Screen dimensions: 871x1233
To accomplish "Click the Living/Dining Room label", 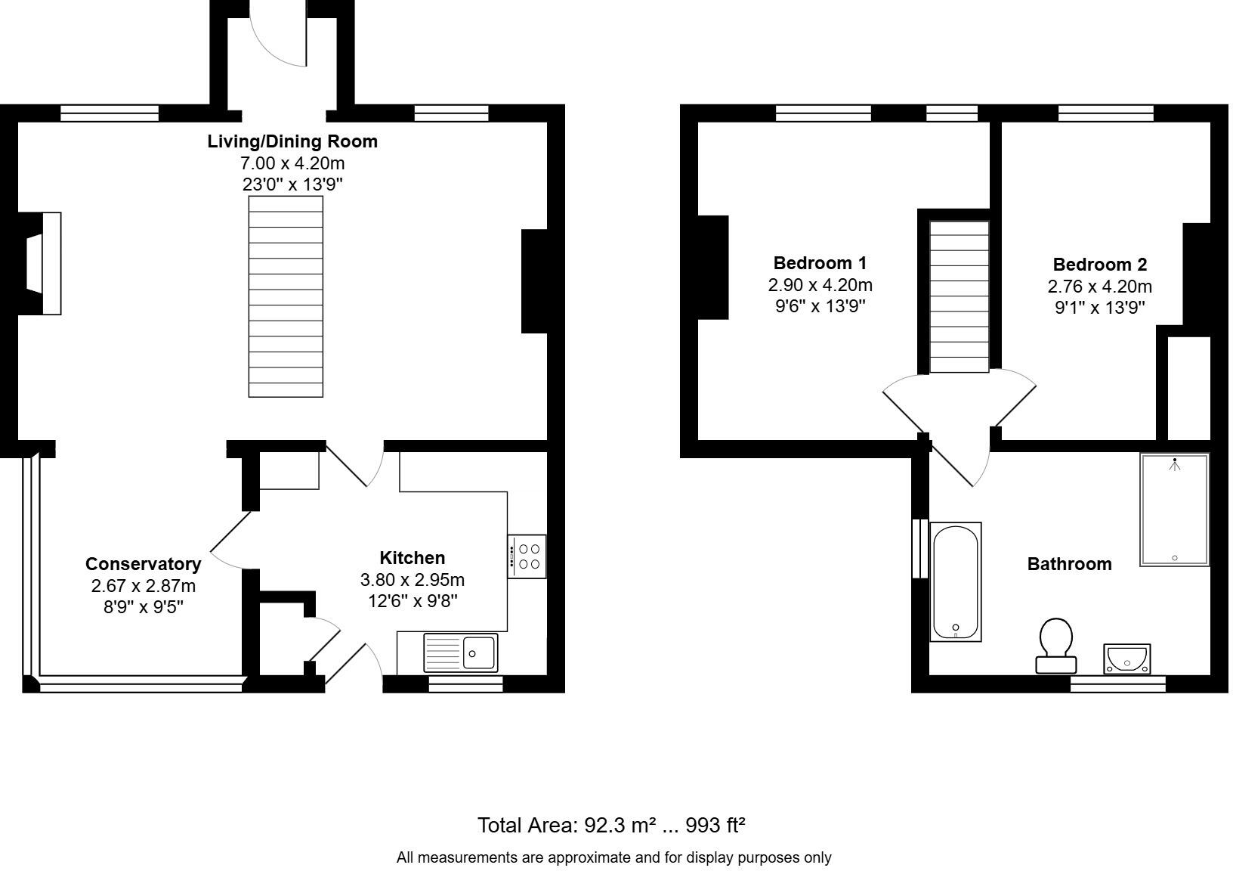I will click(292, 141).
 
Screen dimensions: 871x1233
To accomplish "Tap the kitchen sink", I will click(460, 652).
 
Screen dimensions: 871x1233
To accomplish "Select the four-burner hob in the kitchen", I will click(527, 556).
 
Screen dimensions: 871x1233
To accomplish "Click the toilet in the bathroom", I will click(1056, 645).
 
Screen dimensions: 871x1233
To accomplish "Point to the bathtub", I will click(956, 581).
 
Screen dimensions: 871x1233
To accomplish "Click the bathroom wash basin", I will click(1126, 658).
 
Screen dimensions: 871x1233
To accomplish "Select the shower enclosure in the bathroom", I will click(1174, 510).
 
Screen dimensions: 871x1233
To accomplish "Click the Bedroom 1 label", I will click(820, 263).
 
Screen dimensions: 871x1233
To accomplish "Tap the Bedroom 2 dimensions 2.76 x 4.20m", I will click(1099, 287).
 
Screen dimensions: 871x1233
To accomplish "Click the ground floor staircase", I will click(286, 296).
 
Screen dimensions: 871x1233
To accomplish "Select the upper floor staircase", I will click(959, 296).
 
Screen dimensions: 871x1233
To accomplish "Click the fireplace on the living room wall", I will click(43, 263).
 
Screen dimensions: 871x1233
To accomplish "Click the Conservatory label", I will click(143, 564).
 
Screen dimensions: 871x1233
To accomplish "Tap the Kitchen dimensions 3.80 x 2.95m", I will click(412, 580).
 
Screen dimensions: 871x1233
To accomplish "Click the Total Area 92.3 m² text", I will click(611, 825).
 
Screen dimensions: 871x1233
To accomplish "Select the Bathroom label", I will click(1069, 564).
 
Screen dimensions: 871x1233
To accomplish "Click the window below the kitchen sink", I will click(465, 684).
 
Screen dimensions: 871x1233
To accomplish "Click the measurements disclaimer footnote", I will click(613, 857).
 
